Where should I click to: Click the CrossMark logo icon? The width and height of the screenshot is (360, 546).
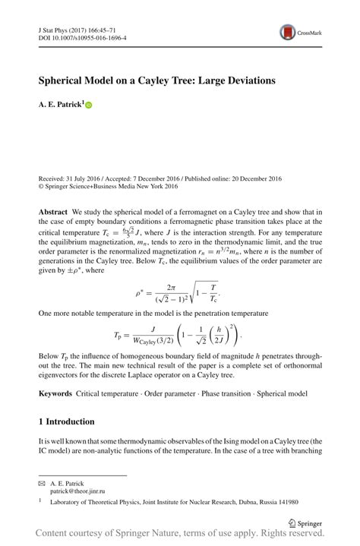[x=288, y=32]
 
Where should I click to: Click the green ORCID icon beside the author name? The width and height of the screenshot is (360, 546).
[x=88, y=106]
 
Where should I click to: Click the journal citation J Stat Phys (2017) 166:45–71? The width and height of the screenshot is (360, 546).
[x=77, y=28]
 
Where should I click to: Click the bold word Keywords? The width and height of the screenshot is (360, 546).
[x=56, y=393]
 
